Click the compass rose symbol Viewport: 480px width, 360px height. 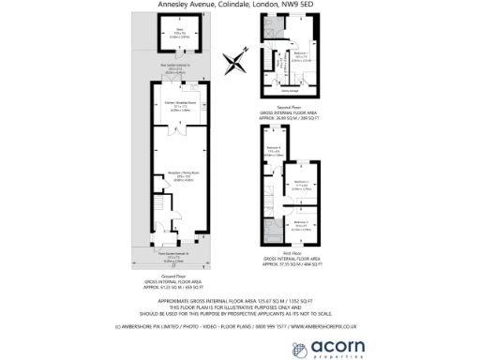pos(232,64)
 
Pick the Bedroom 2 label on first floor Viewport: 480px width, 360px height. pos(300,184)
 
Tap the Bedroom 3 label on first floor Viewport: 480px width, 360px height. pos(300,223)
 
